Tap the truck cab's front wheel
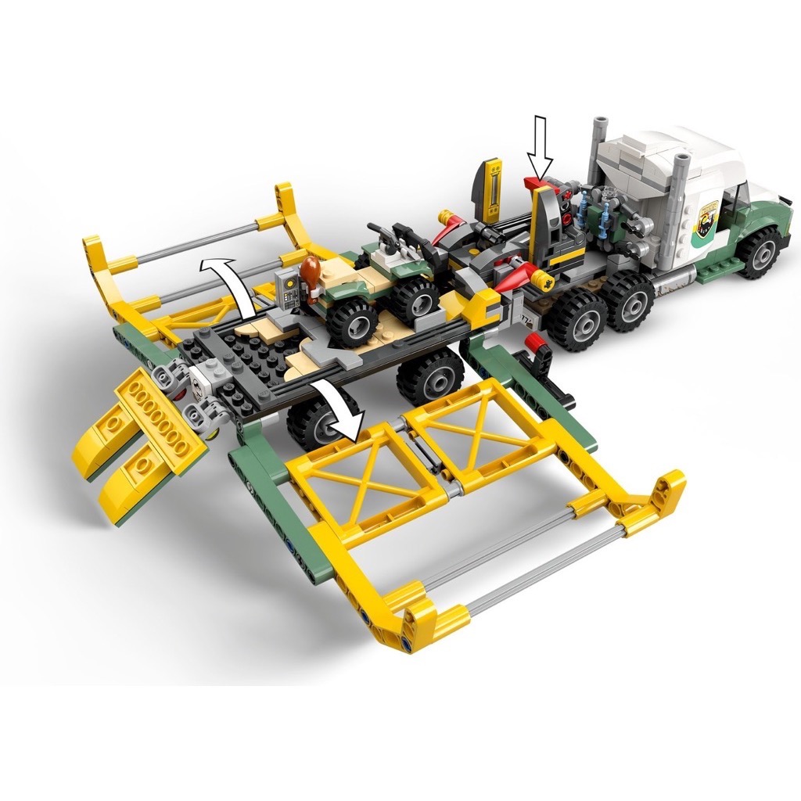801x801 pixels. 757,253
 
